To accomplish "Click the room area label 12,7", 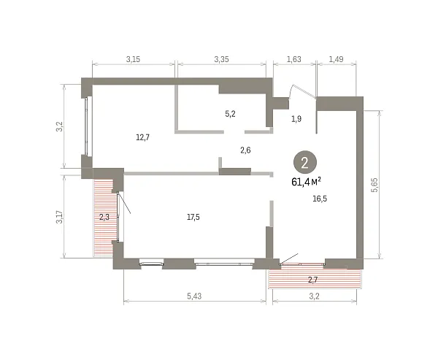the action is pos(143,137).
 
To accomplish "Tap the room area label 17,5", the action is pos(193,217).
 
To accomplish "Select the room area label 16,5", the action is pos(320,199).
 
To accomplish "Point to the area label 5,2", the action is pos(230,114).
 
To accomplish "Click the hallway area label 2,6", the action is pos(245,150).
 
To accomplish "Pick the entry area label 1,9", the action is pos(296,119).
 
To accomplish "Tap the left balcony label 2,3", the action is pos(104,217).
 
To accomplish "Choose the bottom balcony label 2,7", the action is pos(313,280).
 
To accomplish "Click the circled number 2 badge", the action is pos(305,163).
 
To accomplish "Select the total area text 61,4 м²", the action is pos(306,182).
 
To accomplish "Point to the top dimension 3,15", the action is pos(133,59).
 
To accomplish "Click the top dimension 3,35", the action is pos(221,59).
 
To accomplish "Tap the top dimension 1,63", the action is pos(294,59).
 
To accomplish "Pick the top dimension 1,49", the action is pos(336,59).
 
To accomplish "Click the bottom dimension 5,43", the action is pos(194,296).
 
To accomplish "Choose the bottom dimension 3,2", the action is pos(314,296).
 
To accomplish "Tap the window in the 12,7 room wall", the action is pos(88,126).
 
